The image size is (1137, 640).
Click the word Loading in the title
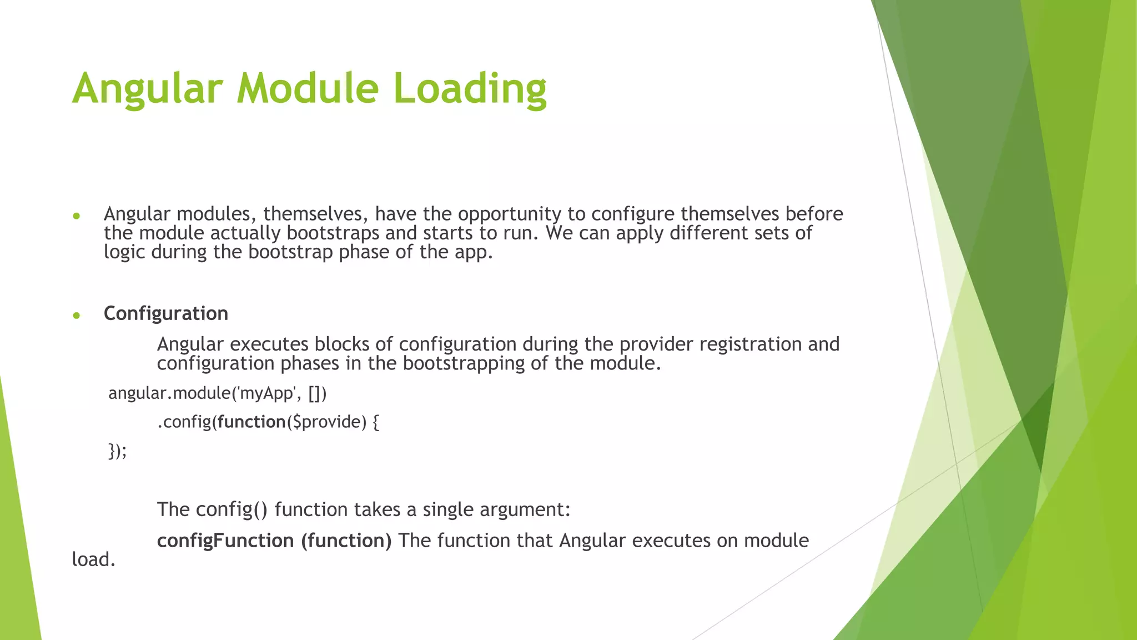click(470, 89)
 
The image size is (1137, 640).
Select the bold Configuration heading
click(165, 314)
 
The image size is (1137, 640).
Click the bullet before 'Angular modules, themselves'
click(77, 216)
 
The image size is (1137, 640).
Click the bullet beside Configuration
click(77, 316)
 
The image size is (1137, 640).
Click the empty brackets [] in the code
click(315, 393)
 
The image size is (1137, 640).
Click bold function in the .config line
click(251, 422)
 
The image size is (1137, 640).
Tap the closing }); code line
click(117, 451)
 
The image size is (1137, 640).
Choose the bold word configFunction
click(225, 541)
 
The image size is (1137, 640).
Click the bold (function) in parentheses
click(346, 541)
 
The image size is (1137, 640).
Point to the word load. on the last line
click(93, 560)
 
